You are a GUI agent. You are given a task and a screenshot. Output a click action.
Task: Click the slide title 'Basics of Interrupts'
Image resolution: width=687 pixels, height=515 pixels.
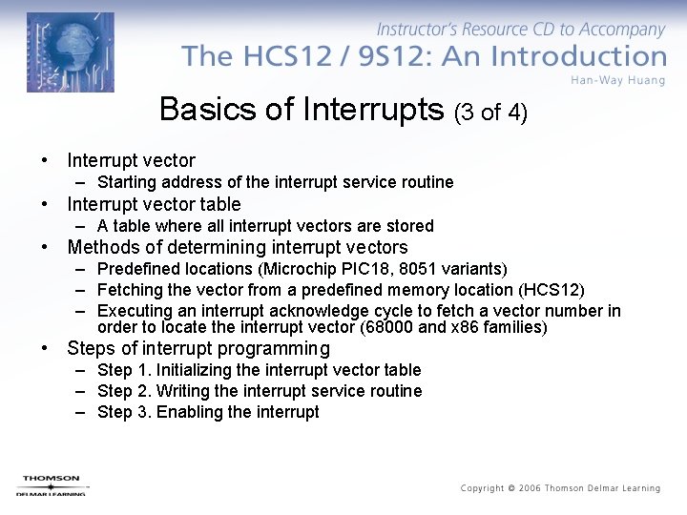coord(302,110)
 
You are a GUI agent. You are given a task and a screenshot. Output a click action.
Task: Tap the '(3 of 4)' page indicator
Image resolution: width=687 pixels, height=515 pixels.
coord(490,113)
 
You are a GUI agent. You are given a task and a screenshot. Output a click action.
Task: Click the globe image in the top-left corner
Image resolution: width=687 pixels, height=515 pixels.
coord(70,51)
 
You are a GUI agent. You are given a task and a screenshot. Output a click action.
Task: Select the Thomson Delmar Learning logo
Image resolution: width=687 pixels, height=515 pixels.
coord(51,485)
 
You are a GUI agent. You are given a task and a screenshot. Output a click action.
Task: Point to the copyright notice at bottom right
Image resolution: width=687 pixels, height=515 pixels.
coord(560,488)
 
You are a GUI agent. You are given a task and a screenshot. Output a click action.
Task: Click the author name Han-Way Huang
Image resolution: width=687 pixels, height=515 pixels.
coord(618,79)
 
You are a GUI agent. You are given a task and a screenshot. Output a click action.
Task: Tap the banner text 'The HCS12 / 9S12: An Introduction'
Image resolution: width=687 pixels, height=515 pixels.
coord(424,56)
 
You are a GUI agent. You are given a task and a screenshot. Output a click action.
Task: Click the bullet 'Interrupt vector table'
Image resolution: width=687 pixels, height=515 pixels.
coord(154,204)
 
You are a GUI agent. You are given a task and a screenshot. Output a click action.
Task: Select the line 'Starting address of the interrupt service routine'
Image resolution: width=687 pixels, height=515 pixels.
coord(275,182)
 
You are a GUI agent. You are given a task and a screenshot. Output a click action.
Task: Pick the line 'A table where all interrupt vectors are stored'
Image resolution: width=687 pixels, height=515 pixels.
coord(265,226)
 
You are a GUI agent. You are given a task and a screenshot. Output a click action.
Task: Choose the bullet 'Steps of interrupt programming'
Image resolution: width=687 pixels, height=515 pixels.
coord(198,349)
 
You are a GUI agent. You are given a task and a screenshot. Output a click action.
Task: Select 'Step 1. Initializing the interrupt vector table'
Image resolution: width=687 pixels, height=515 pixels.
coord(259,370)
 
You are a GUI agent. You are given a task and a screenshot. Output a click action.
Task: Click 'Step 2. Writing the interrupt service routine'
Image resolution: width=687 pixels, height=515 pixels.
coord(259,391)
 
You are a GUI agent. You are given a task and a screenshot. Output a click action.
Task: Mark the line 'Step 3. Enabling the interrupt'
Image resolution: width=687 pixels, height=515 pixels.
coord(208,412)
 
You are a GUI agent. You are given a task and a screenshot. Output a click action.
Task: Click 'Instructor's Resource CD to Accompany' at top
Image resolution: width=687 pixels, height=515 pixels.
coord(521,31)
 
